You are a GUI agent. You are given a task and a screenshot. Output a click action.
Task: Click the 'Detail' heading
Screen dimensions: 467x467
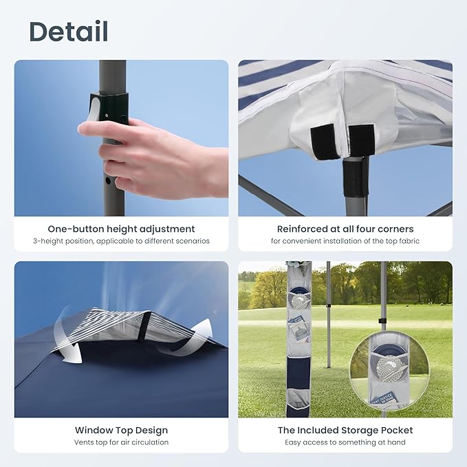click(68, 32)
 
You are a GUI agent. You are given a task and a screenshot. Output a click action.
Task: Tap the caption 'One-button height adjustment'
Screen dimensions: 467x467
click(121, 229)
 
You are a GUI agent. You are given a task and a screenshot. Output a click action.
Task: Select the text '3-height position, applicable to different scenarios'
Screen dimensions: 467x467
click(121, 241)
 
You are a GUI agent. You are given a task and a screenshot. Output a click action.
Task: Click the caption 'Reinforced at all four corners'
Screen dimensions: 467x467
click(345, 229)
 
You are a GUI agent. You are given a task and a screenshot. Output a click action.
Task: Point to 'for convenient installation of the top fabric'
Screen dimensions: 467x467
click(345, 241)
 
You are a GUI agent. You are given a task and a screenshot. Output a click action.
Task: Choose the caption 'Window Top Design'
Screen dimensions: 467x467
click(121, 431)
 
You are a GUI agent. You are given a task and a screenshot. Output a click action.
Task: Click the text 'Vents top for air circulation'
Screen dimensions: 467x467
click(121, 442)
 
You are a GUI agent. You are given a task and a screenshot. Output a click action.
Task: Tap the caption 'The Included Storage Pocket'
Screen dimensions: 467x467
click(345, 431)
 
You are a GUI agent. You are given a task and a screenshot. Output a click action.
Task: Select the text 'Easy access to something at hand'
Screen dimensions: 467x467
click(345, 442)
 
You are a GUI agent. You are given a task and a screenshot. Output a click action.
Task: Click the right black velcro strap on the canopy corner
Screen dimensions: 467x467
click(361, 140)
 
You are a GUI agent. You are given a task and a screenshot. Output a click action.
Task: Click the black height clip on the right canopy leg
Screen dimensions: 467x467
click(382, 321)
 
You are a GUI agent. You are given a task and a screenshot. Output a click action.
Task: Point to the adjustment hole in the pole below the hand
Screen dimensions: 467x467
click(107, 182)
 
